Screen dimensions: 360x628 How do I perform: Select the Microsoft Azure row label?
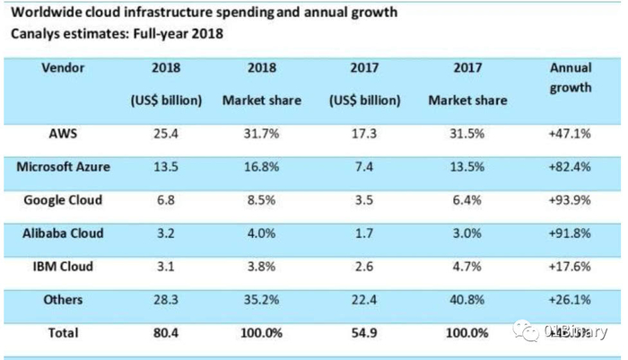pyautogui.click(x=64, y=167)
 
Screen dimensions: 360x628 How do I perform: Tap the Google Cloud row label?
pyautogui.click(x=64, y=199)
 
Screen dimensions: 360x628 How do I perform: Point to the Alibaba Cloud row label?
pyautogui.click(x=64, y=233)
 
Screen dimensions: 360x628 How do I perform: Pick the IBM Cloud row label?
pyautogui.click(x=64, y=266)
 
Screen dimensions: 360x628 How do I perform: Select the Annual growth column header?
pyautogui.click(x=570, y=77)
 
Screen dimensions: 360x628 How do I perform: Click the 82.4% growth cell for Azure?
pyautogui.click(x=570, y=168)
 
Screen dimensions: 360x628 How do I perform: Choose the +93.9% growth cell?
pyautogui.click(x=570, y=200)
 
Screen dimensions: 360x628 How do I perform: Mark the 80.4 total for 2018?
pyautogui.click(x=170, y=332)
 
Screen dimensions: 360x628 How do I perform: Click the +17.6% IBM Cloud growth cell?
pyautogui.click(x=570, y=267)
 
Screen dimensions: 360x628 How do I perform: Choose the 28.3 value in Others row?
pyautogui.click(x=170, y=299)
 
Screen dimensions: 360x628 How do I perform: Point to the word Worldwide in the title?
pyautogui.click(x=45, y=13)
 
